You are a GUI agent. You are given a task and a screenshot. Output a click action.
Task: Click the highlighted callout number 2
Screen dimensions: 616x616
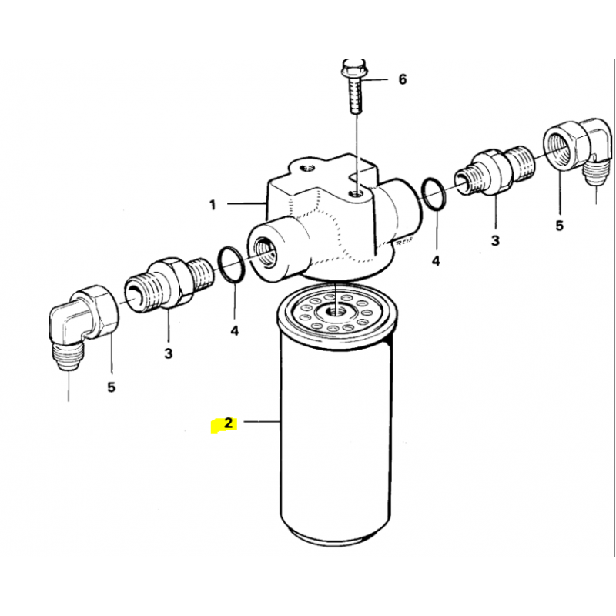click(228, 423)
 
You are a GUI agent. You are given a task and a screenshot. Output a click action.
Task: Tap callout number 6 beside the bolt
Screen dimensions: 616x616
click(403, 79)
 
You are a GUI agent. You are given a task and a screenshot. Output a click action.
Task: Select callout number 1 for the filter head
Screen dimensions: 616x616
click(213, 205)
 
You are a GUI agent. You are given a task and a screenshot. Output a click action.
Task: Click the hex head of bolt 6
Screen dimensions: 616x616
click(352, 68)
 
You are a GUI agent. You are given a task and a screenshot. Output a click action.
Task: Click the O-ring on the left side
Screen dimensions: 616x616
click(232, 265)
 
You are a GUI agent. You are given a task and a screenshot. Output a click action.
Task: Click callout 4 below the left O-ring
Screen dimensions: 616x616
click(234, 331)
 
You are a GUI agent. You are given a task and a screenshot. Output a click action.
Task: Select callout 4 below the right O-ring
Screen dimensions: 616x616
click(436, 260)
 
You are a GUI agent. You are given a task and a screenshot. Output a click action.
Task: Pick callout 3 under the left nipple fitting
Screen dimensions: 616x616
click(168, 353)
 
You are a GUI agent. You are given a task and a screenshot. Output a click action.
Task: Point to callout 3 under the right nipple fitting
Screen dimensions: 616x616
click(495, 239)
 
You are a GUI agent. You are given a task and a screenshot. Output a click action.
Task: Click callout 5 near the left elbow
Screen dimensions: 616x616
click(112, 387)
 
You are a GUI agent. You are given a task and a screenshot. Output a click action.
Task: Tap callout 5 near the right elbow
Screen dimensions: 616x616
click(560, 226)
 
